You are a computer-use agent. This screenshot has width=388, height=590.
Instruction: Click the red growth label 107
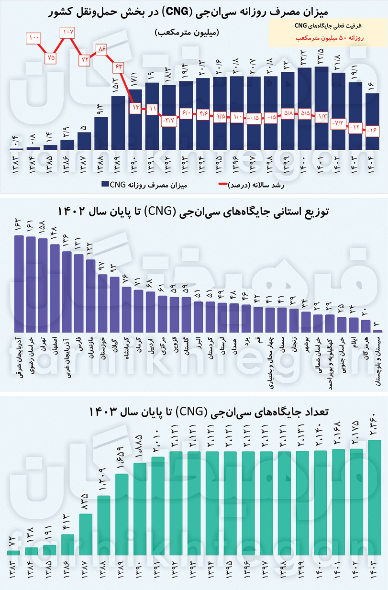coord(67,33)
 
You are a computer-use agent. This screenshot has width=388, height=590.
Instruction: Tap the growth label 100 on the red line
coord(34,37)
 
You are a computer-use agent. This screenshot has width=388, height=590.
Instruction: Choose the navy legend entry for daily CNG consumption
coord(144,184)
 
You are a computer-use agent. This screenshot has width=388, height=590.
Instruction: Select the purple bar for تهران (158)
coord(43,285)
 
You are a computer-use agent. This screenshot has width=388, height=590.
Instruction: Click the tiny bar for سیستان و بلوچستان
coord(378,331)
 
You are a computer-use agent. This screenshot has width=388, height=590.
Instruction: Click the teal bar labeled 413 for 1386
coord(68,545)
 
